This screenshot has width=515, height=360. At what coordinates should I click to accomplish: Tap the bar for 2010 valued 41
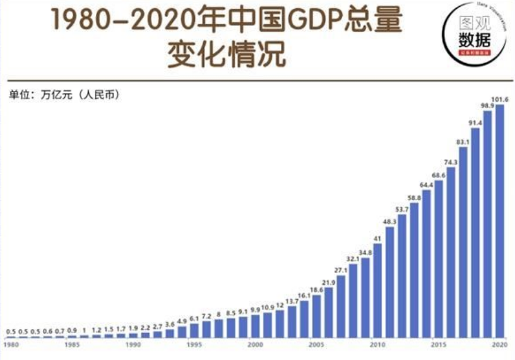pyautogui.click(x=377, y=290)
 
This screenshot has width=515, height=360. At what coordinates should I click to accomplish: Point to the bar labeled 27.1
pyautogui.click(x=341, y=306)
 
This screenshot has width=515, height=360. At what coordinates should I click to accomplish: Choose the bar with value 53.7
pyautogui.click(x=402, y=275)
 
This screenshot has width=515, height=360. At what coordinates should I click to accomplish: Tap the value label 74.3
pyautogui.click(x=451, y=162)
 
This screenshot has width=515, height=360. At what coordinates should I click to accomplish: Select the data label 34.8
pyautogui.click(x=365, y=253)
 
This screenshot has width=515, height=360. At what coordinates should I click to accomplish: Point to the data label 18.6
pyautogui.click(x=316, y=289)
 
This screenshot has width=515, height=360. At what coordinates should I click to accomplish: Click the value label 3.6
pyautogui.click(x=169, y=324)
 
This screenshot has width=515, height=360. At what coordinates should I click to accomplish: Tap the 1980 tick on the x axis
pyautogui.click(x=11, y=345)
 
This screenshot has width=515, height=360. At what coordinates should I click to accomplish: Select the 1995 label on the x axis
pyautogui.click(x=194, y=345)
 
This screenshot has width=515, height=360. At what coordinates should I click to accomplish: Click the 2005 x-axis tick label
pyautogui.click(x=316, y=345)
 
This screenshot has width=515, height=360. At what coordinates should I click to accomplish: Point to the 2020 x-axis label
pyautogui.click(x=500, y=345)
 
